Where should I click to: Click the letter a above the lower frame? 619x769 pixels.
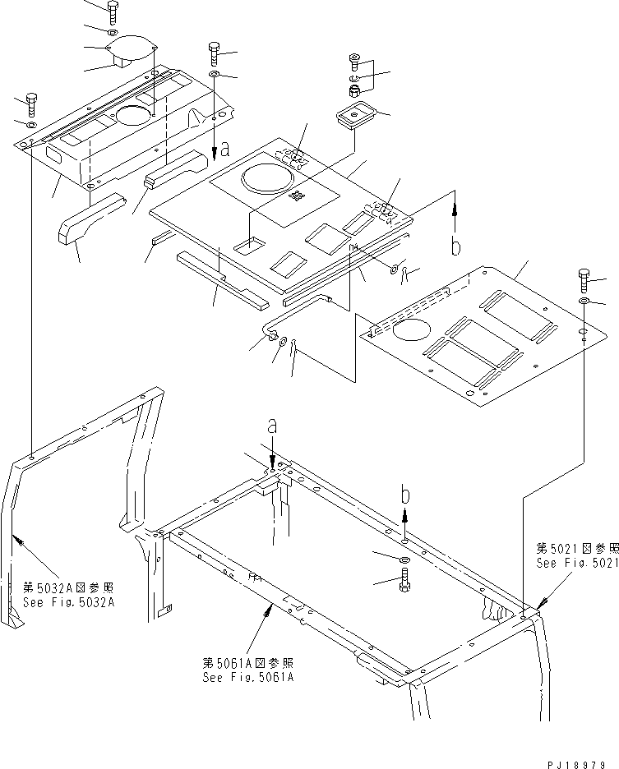[272, 426]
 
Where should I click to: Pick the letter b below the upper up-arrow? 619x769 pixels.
[456, 246]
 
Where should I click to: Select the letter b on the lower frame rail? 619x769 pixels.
[405, 495]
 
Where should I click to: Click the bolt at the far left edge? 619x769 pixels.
[30, 103]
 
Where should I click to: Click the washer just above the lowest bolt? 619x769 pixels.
[405, 559]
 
